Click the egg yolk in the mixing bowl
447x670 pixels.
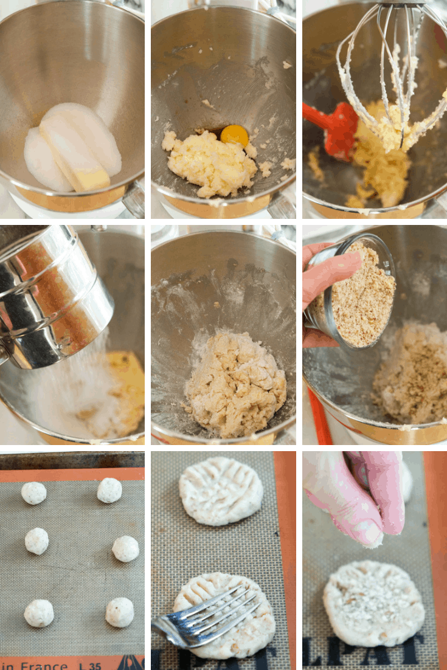234,134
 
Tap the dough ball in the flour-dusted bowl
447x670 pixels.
235,382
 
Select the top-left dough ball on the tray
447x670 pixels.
34,492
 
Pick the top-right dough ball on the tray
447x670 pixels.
109,490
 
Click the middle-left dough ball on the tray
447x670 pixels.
36,540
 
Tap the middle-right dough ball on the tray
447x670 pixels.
125,548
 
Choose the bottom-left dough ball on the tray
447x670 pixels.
39,613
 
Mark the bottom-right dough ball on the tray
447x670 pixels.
120,612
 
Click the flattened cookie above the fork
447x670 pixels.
221,491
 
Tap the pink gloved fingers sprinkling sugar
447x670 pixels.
371,499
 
